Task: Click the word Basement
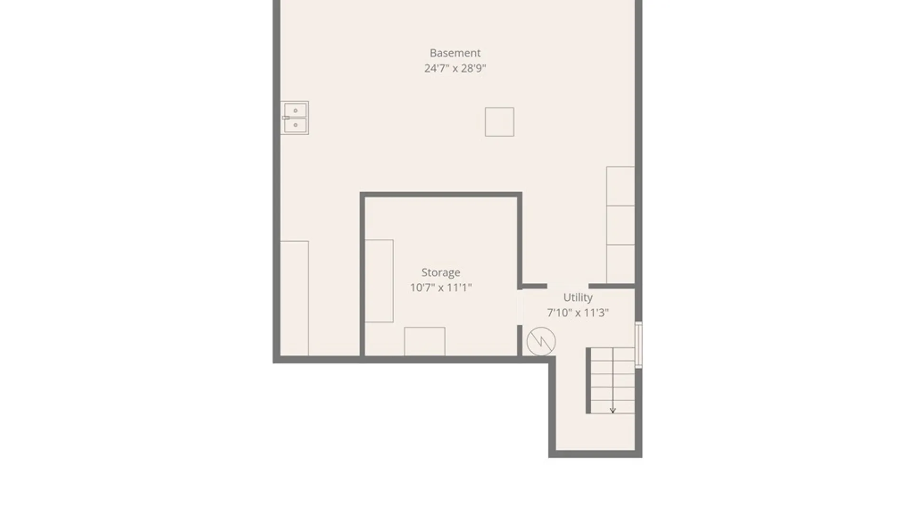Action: (x=455, y=53)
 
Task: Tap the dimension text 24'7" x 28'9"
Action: (x=455, y=68)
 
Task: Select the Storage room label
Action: (x=441, y=273)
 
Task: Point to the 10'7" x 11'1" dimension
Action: (x=441, y=287)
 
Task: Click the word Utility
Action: (x=578, y=298)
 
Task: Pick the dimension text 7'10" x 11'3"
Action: (x=578, y=313)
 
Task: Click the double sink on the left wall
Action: (x=295, y=118)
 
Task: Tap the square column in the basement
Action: (x=499, y=122)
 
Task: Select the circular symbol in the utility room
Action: (x=541, y=341)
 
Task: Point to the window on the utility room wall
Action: (x=639, y=345)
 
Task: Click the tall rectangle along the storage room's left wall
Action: (x=379, y=281)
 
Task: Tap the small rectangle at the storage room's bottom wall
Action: (x=425, y=341)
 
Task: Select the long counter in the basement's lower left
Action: (x=294, y=298)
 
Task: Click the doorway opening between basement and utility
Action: (x=568, y=286)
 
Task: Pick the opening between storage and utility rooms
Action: (x=520, y=307)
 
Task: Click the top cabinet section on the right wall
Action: (x=620, y=186)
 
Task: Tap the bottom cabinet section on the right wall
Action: (x=620, y=264)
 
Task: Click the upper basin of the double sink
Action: (x=295, y=110)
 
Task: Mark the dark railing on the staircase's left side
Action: (x=588, y=381)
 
